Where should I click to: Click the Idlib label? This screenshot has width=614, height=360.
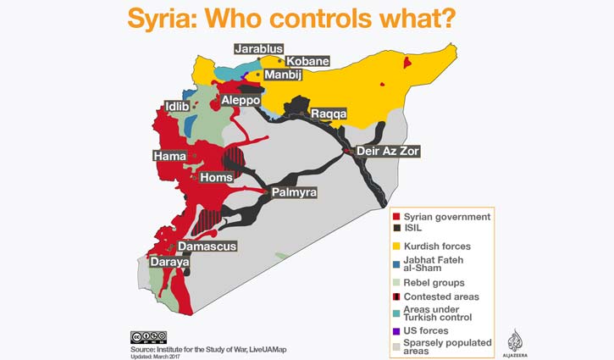point(180,108)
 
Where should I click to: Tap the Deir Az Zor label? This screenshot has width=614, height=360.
point(388,151)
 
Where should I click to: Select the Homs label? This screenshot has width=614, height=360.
point(215,178)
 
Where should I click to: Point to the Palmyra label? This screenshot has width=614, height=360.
point(294,193)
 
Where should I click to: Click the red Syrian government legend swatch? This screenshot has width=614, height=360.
point(396,218)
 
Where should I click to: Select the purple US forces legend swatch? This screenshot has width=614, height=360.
point(396,331)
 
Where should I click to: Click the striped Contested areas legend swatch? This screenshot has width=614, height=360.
point(396,297)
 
